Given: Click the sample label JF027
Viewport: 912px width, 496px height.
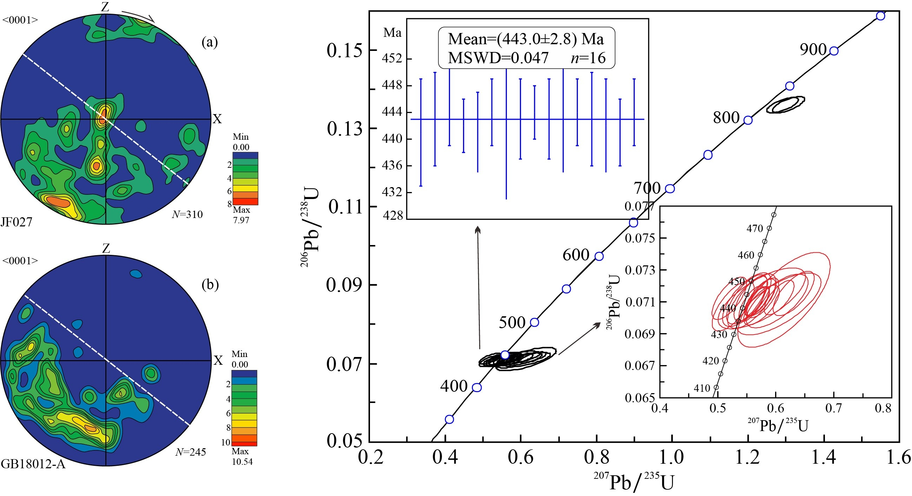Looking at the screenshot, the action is pos(16,222).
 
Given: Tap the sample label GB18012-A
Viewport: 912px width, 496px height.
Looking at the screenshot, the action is pos(33,464).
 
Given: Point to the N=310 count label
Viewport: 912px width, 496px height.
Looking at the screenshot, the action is pos(187,214).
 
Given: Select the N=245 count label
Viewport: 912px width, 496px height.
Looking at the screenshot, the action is pos(191,452).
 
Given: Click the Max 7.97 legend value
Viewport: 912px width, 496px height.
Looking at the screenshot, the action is pos(241,215).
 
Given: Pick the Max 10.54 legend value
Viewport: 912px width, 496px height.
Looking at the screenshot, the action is pos(242,456).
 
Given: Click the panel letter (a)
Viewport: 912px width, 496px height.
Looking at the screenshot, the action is pos(210,42).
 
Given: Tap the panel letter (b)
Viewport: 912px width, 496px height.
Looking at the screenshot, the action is pos(210,284).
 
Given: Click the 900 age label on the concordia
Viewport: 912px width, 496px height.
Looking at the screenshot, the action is pos(813,49).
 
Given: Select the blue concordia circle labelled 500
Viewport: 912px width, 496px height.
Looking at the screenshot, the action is pos(534,322).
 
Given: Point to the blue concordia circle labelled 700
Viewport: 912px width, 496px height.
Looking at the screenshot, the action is pos(669,189).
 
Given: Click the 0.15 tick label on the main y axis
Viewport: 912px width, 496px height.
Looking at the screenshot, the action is pos(340,50).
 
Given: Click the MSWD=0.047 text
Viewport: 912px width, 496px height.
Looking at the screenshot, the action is pos(498,58).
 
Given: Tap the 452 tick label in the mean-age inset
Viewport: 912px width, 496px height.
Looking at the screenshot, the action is pos(391,58).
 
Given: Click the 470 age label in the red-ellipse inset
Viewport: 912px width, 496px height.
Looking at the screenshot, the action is pos(754,229).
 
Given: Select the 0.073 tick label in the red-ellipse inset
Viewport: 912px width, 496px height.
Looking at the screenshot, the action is pos(640,270).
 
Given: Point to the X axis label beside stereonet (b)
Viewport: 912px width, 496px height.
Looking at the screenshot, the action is pos(218,361).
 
